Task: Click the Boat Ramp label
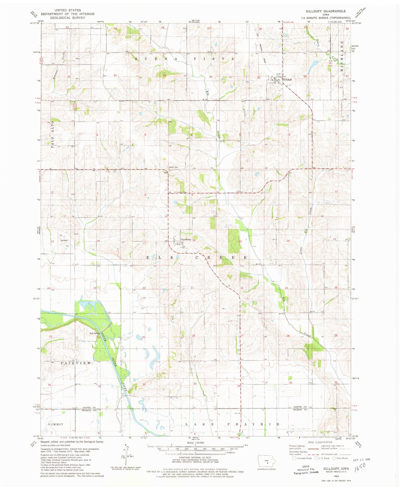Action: click(x=94, y=333)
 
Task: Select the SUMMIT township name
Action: click(x=56, y=424)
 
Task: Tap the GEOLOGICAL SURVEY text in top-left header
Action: click(x=68, y=17)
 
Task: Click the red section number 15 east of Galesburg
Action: click(x=240, y=241)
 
